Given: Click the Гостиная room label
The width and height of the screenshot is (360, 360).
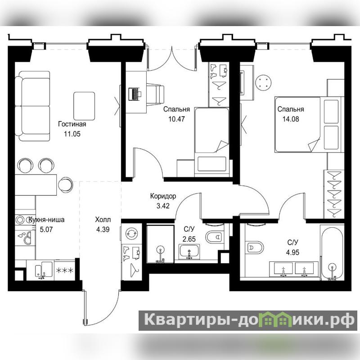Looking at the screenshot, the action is coord(72,124).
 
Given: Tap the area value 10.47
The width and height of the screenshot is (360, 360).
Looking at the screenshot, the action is coord(176,119).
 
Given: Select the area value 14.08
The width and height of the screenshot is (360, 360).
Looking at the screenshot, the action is coord(291,119).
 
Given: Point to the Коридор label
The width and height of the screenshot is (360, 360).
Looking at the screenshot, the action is coord(163,196).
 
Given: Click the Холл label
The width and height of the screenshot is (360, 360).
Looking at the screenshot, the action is coord(103,220).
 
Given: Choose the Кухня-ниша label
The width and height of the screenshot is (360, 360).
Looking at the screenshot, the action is coord(46,220).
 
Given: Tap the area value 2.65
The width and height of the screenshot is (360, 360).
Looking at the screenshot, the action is coord(189,239).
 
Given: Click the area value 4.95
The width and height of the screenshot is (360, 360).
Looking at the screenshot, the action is coord(293,252).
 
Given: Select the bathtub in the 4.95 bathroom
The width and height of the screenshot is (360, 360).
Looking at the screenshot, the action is coord(332,254).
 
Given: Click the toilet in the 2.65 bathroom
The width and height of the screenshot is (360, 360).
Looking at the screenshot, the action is coord(215,237).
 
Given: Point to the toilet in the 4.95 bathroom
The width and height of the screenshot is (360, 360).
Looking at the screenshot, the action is coord(254,247).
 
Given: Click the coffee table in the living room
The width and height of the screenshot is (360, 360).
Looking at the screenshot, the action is coord(84,106).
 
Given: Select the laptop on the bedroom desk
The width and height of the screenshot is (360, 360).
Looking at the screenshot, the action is coord(135,94).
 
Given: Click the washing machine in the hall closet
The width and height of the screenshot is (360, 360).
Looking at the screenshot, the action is coord(131,234).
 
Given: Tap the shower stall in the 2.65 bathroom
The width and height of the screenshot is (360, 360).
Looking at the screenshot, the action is coord(161,244).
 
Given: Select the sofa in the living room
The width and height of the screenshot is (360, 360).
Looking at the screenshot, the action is coord(32,106).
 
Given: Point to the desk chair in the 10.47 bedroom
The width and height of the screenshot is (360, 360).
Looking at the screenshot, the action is coord(155,94).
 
